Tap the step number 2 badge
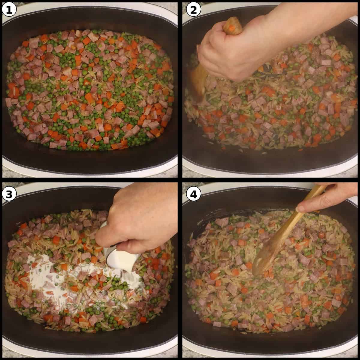pos(192,10)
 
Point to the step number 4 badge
pos(192,194)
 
